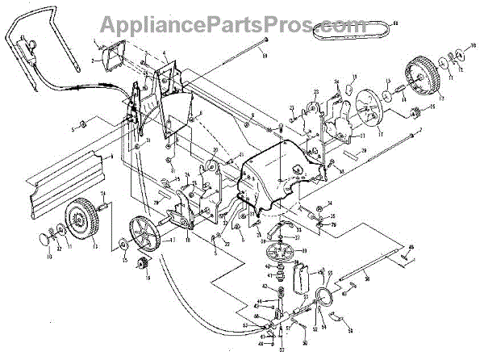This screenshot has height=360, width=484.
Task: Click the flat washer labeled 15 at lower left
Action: pyautogui.click(x=122, y=244)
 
